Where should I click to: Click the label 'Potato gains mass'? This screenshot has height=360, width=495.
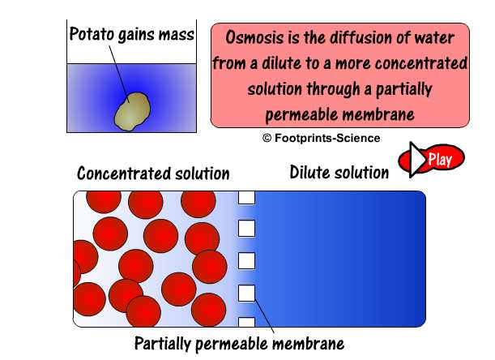130,35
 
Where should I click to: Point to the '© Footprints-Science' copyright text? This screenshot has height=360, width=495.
321,138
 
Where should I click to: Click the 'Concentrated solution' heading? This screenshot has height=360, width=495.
153,174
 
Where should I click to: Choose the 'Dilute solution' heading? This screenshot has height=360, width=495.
339,172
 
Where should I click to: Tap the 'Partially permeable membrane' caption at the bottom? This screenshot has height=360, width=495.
239,343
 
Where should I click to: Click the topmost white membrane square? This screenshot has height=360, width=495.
246,197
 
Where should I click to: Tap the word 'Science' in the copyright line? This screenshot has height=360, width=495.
358,138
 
